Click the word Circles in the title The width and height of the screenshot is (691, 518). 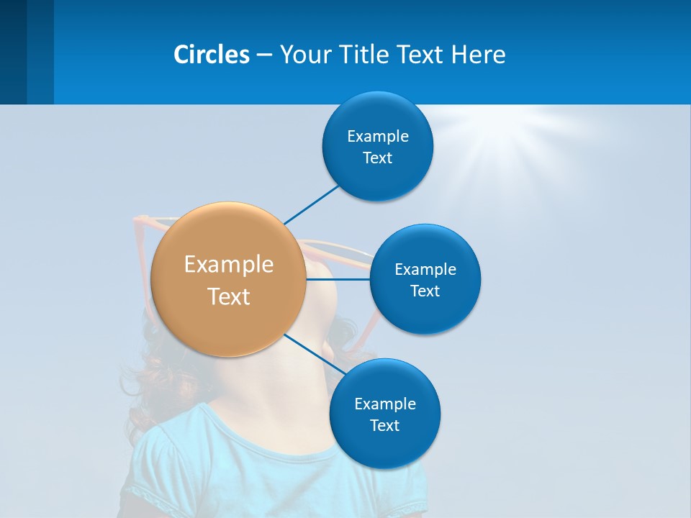pyautogui.click(x=212, y=55)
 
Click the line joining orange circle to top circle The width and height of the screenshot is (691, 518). pyautogui.click(x=311, y=204)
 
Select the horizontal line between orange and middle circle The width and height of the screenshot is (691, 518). pyautogui.click(x=338, y=279)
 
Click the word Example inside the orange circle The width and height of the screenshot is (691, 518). pyautogui.click(x=229, y=265)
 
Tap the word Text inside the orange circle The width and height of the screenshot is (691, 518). pyautogui.click(x=229, y=296)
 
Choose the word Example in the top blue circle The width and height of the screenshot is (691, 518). pyautogui.click(x=377, y=137)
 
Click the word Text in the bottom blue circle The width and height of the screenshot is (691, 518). pyautogui.click(x=384, y=426)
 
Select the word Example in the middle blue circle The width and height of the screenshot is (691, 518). pyautogui.click(x=425, y=270)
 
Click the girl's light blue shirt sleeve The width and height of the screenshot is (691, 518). pyautogui.click(x=151, y=460)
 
